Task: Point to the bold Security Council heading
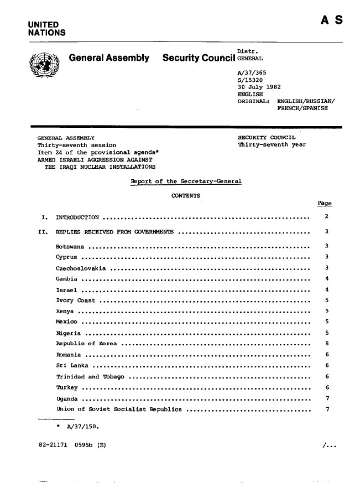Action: click(199, 58)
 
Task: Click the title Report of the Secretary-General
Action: click(185, 182)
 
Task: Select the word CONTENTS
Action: click(186, 196)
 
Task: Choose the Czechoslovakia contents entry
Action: click(81, 268)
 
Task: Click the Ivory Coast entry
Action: click(76, 300)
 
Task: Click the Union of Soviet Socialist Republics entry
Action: click(119, 409)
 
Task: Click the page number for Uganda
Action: click(328, 398)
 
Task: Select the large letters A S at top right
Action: click(331, 20)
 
